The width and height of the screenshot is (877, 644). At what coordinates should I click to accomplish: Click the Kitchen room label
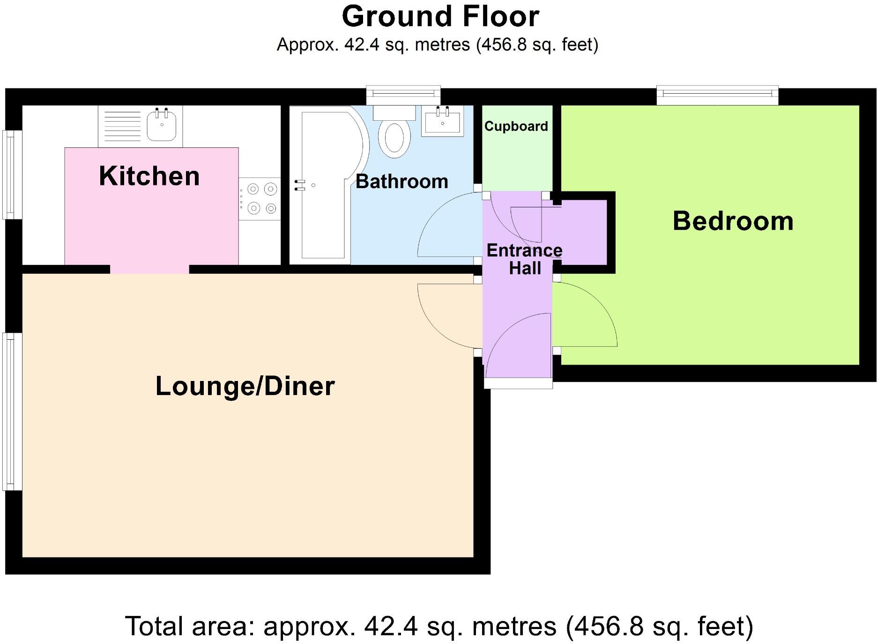click(x=149, y=176)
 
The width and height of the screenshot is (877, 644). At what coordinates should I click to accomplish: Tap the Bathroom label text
click(x=401, y=182)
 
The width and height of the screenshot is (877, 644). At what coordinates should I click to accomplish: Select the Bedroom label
click(x=733, y=221)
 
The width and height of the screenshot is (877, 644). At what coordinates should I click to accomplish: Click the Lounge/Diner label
click(x=245, y=386)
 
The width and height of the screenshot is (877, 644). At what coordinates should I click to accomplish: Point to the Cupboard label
click(x=516, y=126)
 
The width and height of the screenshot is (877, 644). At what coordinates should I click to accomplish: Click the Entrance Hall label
click(x=524, y=259)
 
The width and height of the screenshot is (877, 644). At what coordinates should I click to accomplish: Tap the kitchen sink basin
click(x=162, y=125)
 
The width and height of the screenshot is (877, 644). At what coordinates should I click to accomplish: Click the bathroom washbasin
click(x=442, y=122)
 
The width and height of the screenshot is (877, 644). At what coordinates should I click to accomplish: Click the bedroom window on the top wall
click(x=717, y=95)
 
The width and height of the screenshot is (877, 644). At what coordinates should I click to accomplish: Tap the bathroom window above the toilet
click(x=403, y=95)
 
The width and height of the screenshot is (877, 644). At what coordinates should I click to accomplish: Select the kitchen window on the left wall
click(x=12, y=174)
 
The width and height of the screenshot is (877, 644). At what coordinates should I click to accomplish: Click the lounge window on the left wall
click(x=12, y=411)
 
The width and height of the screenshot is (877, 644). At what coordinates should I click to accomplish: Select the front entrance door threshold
click(x=518, y=383)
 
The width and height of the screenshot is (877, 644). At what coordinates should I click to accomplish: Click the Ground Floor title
click(x=440, y=17)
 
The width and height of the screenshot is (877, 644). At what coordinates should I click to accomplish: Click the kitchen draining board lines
click(x=122, y=125)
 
